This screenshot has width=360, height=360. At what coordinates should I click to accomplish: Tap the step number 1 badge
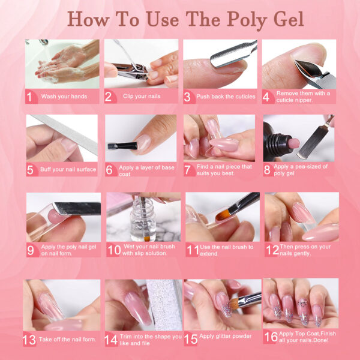tap(30, 96)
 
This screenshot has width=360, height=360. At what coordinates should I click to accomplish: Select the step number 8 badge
tap(268, 169)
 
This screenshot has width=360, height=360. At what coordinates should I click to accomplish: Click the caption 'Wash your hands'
tap(64, 97)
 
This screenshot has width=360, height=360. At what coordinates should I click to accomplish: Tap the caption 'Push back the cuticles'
tap(223, 97)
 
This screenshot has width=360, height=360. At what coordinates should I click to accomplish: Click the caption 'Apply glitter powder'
tap(224, 336)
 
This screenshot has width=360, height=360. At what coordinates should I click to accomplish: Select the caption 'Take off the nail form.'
tap(67, 340)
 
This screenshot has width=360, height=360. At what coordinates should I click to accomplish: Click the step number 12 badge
tap(272, 249)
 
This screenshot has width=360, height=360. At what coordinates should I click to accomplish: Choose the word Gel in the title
tap(287, 19)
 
